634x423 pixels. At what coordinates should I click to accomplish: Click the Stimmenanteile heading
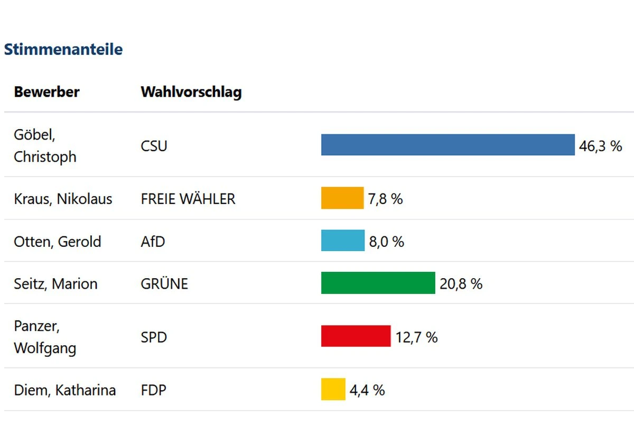(63, 50)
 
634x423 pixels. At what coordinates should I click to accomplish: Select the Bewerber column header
(46, 92)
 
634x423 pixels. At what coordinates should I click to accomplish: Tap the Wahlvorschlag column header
(191, 92)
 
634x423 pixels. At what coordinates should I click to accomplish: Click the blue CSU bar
(447, 145)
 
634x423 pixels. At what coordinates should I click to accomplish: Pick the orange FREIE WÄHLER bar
(342, 198)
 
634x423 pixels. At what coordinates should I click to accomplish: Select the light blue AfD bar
(343, 241)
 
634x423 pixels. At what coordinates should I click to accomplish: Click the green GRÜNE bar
(378, 283)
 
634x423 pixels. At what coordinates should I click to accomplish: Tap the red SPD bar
(356, 336)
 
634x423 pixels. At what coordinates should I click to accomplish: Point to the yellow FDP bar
(333, 390)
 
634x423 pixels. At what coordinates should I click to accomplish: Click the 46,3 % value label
(601, 146)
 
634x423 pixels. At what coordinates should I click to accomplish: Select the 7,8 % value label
(386, 199)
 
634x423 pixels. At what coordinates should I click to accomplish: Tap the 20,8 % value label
(461, 284)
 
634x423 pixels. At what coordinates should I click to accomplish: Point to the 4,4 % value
(367, 391)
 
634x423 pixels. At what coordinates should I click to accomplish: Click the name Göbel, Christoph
(45, 146)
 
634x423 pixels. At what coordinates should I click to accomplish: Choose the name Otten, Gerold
(57, 242)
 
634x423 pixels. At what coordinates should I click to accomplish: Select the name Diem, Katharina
(64, 391)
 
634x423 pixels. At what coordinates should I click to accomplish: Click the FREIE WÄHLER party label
(188, 199)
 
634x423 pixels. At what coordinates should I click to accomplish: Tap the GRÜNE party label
(164, 284)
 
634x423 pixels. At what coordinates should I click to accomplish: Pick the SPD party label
(154, 337)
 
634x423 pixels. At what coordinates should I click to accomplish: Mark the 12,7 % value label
(416, 337)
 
